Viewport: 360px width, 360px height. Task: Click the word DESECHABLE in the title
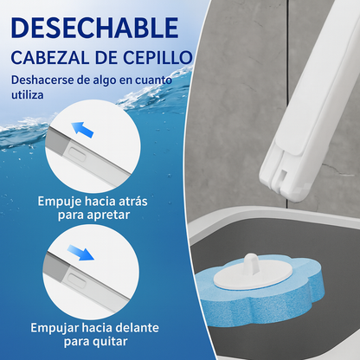pos(94,28)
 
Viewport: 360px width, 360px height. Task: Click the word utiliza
pos(28,94)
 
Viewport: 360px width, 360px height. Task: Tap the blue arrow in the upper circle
pos(82,130)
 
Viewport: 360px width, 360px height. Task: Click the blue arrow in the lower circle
pos(80,252)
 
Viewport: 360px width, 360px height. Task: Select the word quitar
pos(111,342)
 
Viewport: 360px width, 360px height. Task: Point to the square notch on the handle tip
pos(283,176)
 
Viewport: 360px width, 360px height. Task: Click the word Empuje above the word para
pos(59,202)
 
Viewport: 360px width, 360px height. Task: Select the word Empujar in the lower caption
pos(55,328)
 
